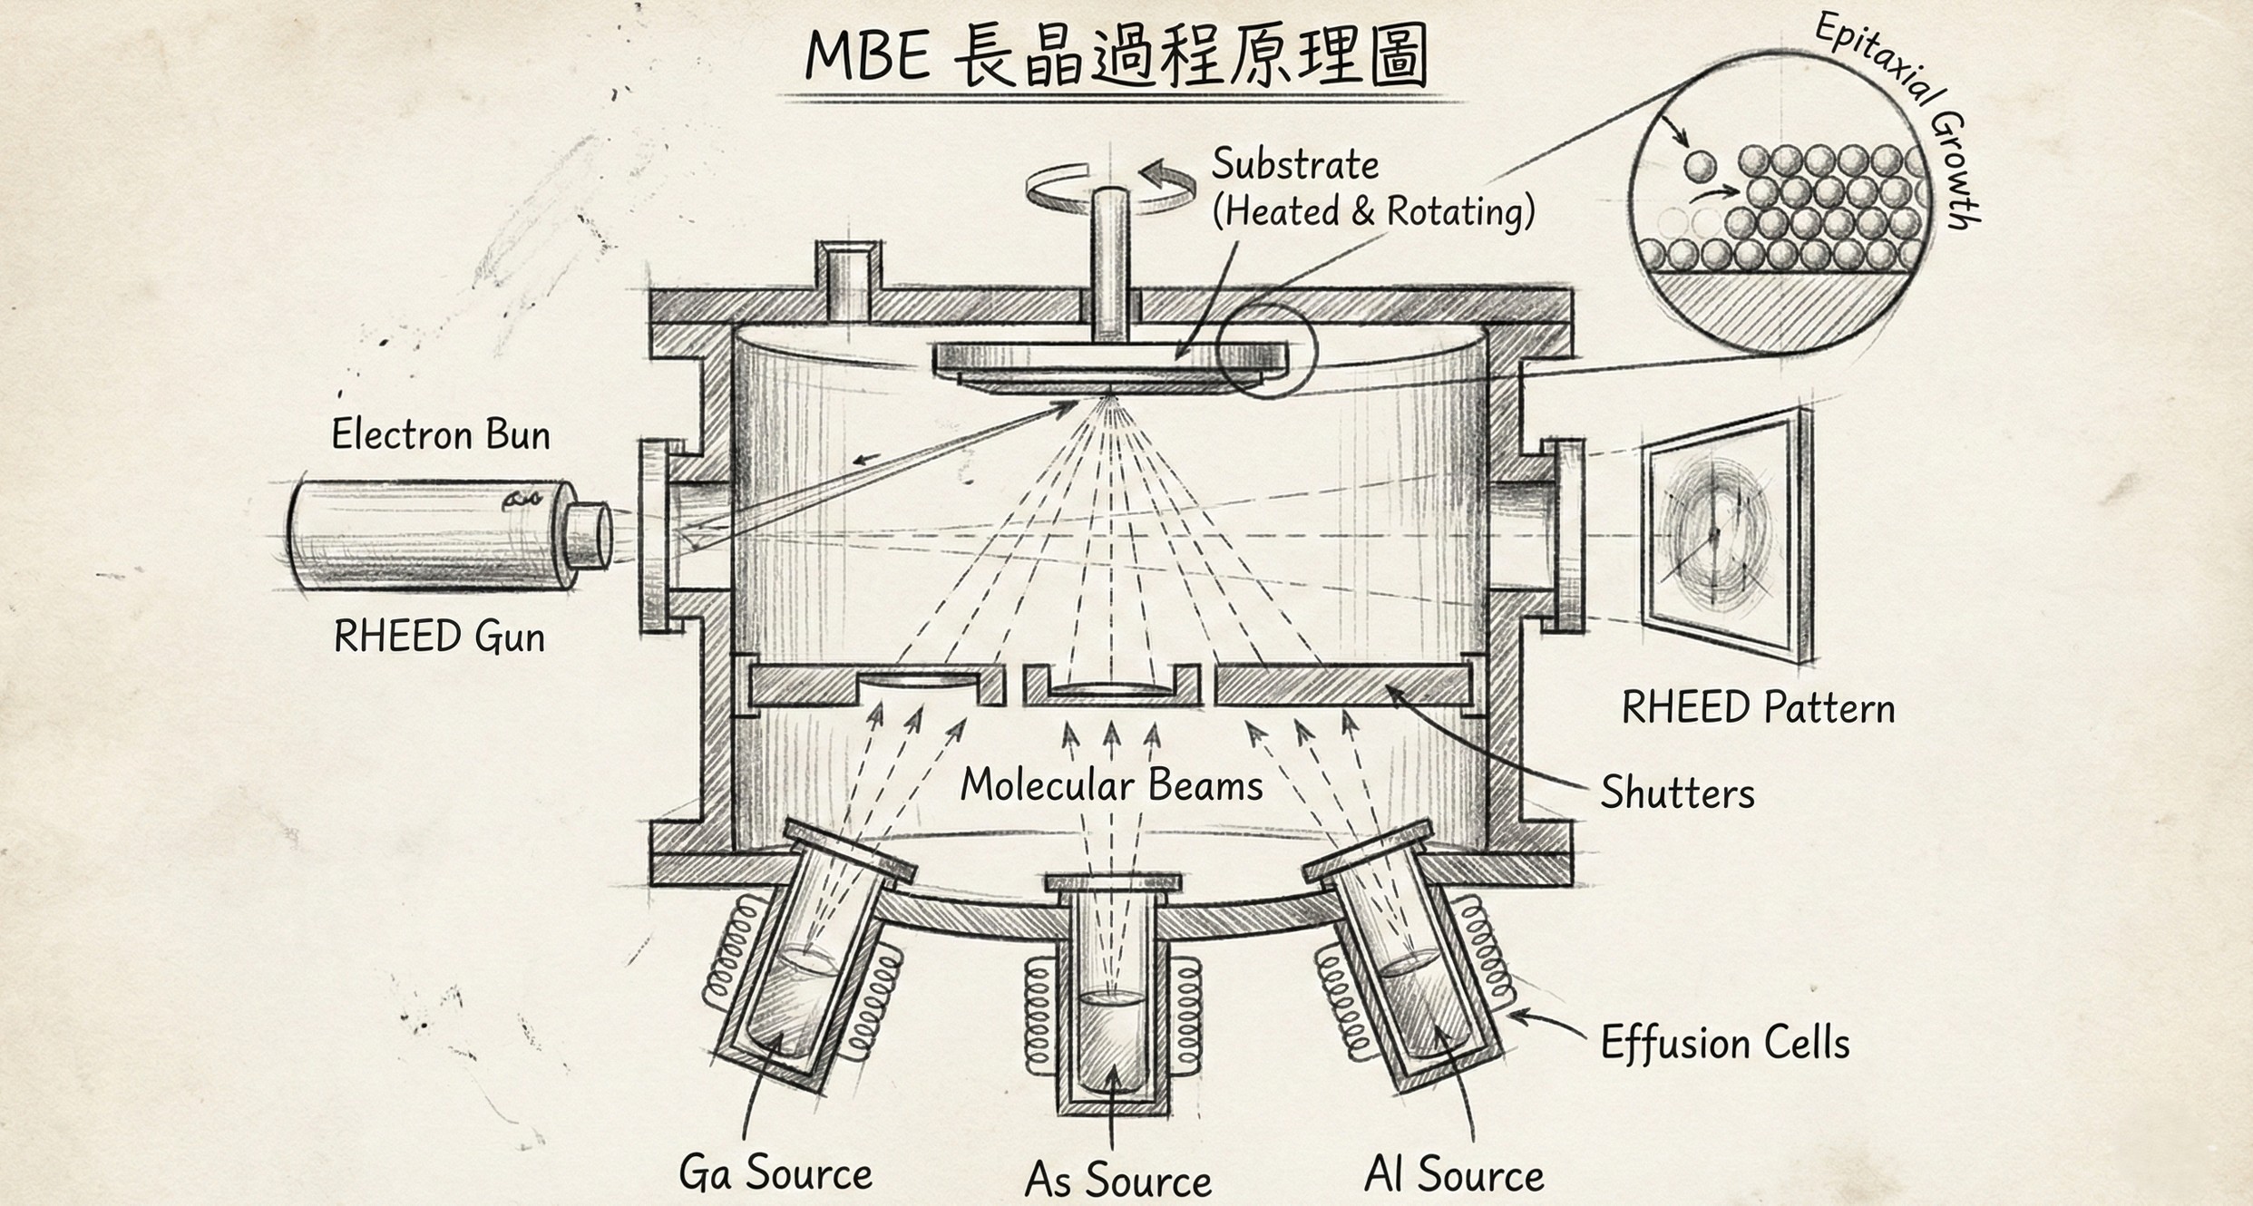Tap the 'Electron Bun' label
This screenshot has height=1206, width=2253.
point(441,434)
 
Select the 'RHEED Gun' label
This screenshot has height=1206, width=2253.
point(439,637)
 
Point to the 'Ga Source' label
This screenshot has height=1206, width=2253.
point(775,1172)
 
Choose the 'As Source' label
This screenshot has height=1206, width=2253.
point(1117,1180)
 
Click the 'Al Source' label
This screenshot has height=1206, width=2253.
point(1454,1175)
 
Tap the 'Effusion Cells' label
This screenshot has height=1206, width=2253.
point(1724,1043)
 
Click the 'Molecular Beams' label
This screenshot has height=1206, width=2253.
point(1111,785)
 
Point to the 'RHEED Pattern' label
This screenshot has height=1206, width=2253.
point(1758,708)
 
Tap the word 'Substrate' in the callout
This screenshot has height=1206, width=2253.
point(1294,165)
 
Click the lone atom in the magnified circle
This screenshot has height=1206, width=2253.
point(1700,166)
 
